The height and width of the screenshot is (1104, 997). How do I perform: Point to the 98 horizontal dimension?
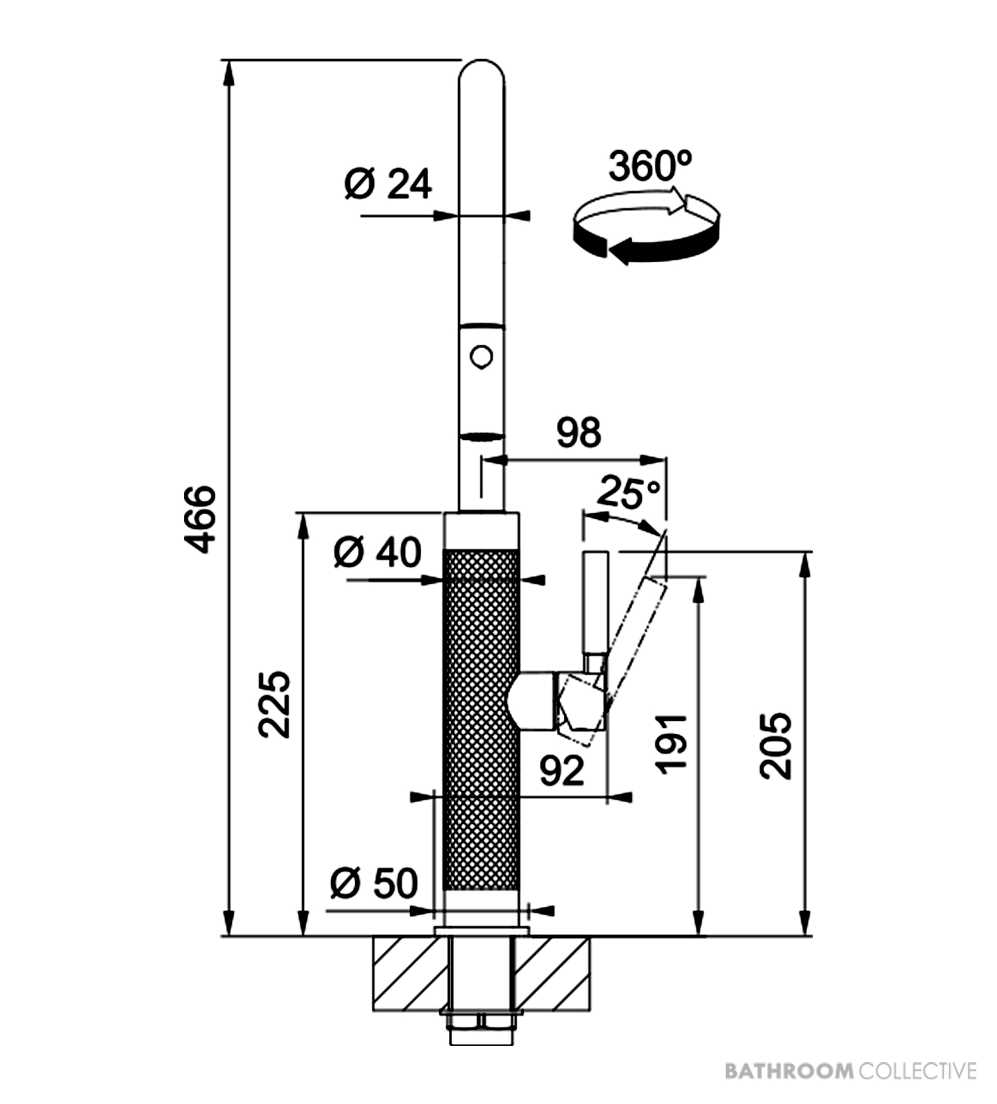(x=578, y=432)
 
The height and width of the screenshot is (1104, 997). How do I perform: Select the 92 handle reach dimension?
(x=561, y=771)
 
